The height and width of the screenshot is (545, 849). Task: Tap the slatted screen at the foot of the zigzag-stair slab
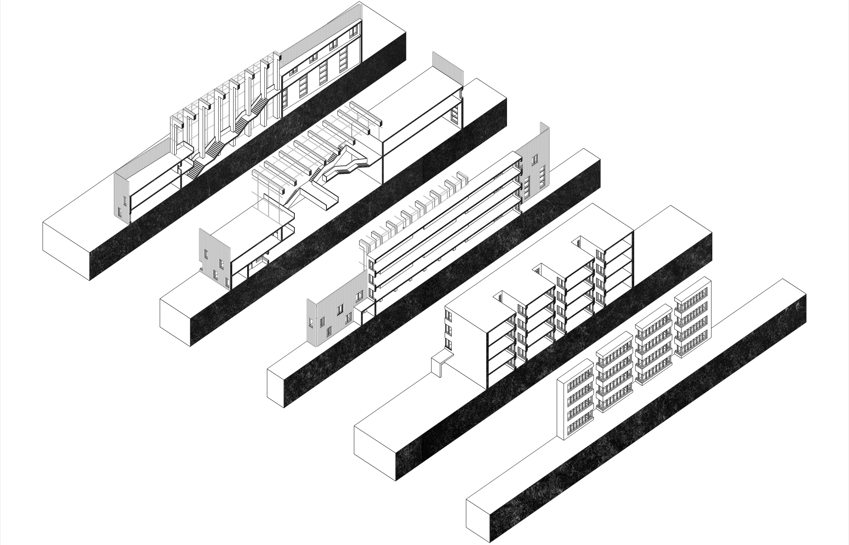(122, 196)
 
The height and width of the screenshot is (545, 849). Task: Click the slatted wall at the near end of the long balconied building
(331, 318)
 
